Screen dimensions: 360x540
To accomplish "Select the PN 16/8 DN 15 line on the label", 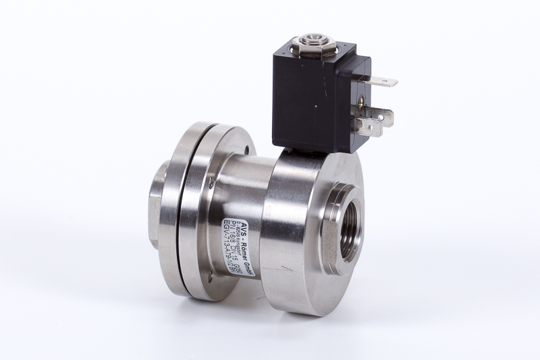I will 236,217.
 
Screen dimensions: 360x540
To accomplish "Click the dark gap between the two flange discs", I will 180,203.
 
